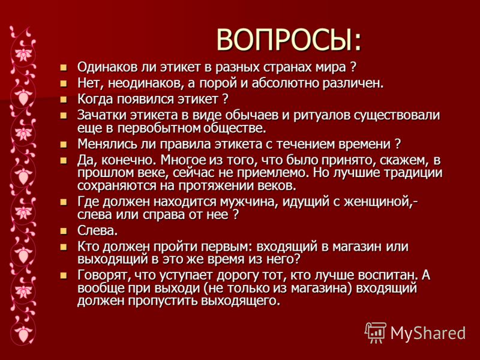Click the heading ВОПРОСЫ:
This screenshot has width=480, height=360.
289,40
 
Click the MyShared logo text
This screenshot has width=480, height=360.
428,333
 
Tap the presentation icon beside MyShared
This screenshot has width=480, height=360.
376,332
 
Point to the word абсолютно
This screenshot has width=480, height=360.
283,83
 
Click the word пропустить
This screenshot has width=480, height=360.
163,301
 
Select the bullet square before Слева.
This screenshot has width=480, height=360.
64,231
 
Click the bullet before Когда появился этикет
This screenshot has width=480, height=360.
64,99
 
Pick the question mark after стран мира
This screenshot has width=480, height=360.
353,67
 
